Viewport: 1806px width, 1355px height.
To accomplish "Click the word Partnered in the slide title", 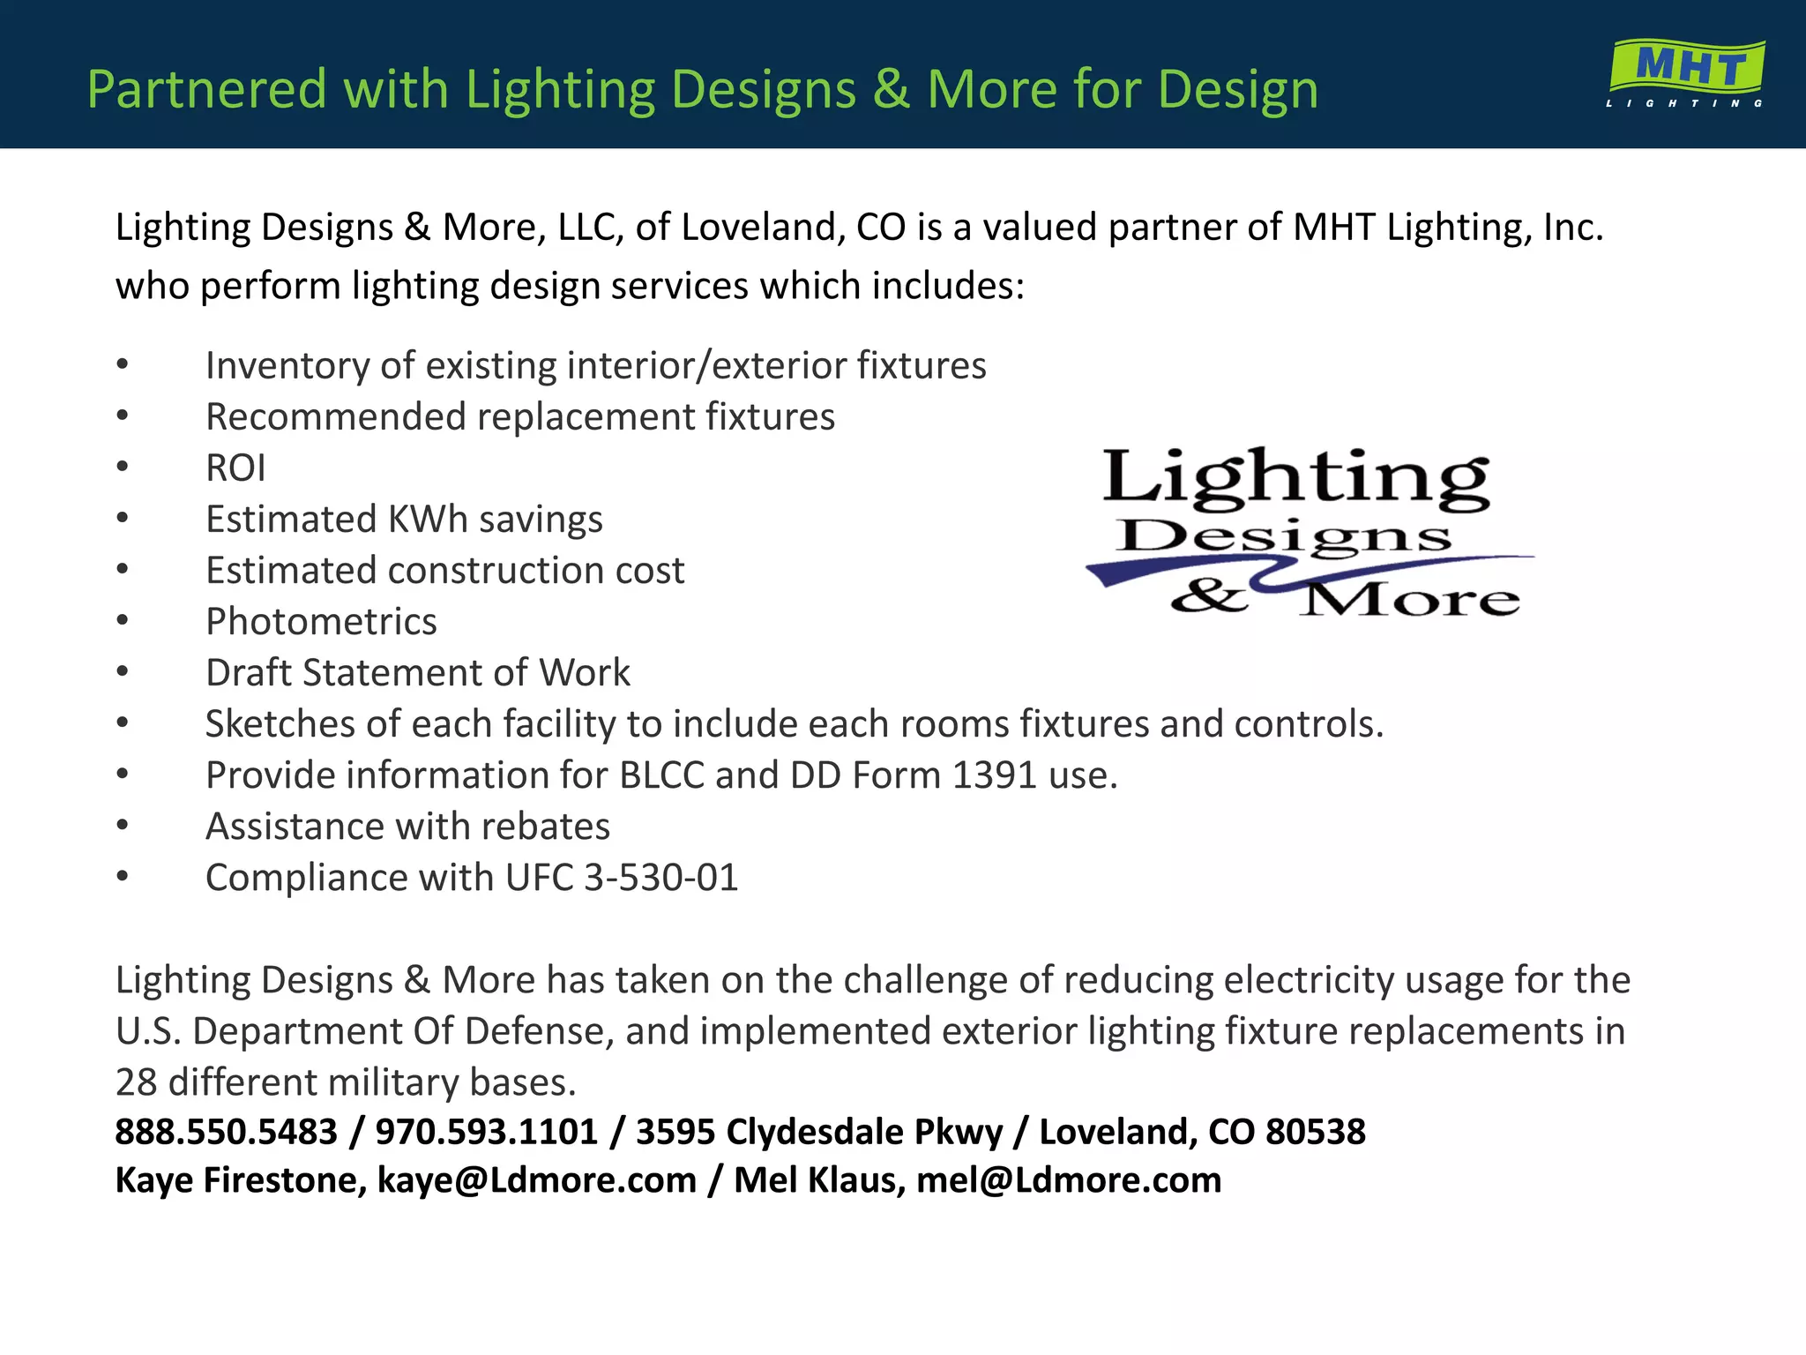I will click(207, 89).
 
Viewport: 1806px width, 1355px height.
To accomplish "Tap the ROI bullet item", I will click(235, 468).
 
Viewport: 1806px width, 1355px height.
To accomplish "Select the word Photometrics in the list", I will click(321, 622).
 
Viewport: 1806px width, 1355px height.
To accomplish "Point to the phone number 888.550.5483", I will click(227, 1132).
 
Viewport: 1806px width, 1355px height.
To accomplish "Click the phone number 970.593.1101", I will click(487, 1132).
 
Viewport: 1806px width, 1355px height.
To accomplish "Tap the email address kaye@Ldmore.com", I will click(536, 1180).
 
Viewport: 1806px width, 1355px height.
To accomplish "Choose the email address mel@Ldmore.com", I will click(1069, 1180).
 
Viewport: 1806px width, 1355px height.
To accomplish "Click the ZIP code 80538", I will click(1315, 1132).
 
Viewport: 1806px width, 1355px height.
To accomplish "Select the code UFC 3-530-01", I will click(622, 878).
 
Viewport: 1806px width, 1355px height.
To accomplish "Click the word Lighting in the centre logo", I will click(1296, 478).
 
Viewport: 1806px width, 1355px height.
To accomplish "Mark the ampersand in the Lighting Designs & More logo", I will click(1210, 597).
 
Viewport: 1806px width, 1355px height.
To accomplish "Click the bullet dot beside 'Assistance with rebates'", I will click(123, 827).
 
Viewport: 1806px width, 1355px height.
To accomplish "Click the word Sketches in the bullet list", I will click(280, 724).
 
